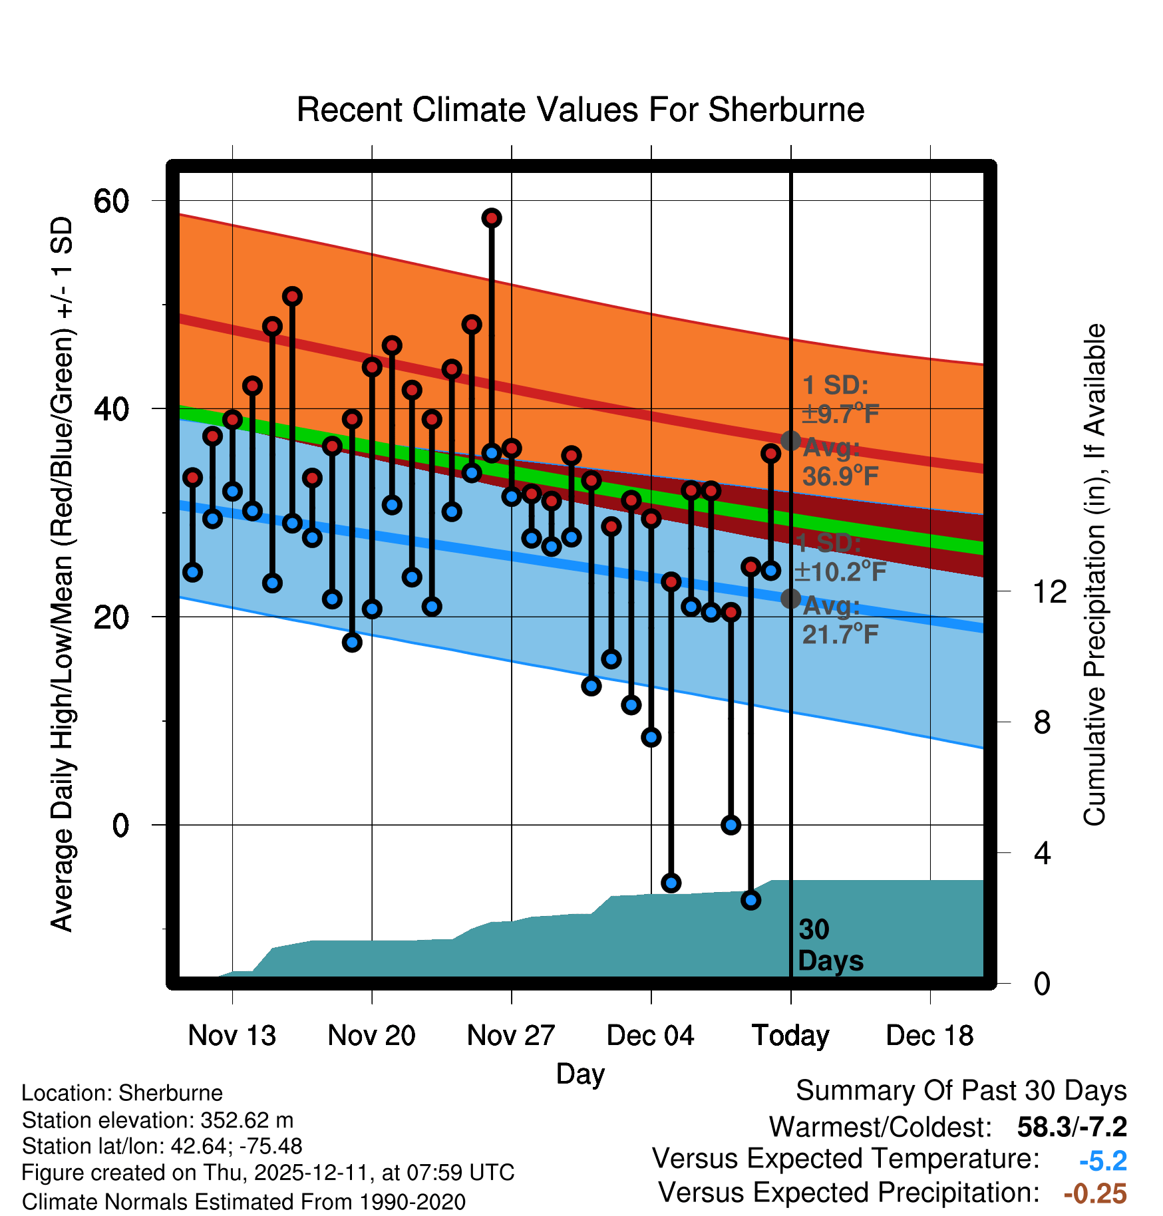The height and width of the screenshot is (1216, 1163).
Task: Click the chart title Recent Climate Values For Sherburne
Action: click(580, 110)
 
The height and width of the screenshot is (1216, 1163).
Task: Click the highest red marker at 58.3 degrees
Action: click(492, 218)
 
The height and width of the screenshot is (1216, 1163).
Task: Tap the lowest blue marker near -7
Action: click(751, 900)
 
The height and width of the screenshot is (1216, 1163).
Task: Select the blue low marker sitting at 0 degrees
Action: click(731, 825)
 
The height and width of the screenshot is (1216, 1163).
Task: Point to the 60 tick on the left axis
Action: click(111, 201)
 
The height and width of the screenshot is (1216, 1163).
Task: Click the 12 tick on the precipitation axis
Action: click(1050, 591)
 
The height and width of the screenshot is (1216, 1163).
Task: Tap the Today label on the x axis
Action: click(790, 1036)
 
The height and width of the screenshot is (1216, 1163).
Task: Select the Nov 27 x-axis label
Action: click(511, 1036)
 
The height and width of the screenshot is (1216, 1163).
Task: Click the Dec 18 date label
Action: click(929, 1036)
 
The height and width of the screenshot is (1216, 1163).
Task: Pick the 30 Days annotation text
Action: click(830, 945)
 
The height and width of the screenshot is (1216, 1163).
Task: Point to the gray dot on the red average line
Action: click(790, 440)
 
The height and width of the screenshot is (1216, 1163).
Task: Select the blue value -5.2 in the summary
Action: click(1102, 1161)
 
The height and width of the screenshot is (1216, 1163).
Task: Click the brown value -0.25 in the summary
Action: click(1095, 1193)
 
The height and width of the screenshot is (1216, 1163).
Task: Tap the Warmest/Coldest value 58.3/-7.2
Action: click(1072, 1127)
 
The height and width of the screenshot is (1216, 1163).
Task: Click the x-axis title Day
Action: click(580, 1074)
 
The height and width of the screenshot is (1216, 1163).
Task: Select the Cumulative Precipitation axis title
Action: click(1094, 575)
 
